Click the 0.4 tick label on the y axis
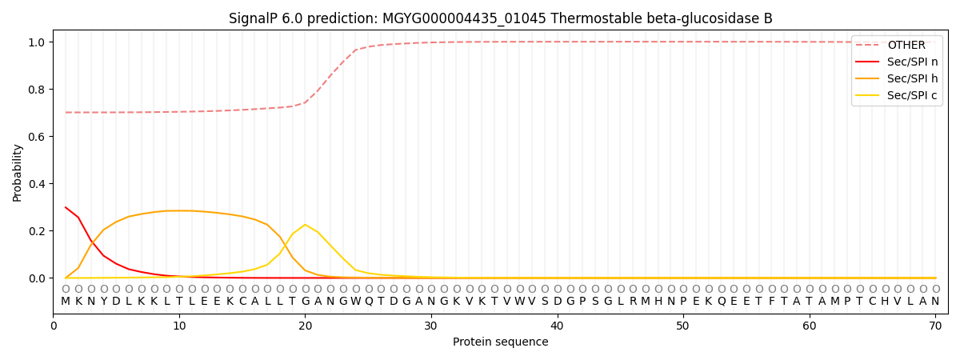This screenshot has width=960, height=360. pyautogui.click(x=38, y=184)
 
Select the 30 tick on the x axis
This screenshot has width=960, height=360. pyautogui.click(x=431, y=325)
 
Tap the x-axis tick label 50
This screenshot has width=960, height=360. pyautogui.click(x=682, y=325)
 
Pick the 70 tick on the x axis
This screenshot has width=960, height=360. pyautogui.click(x=935, y=325)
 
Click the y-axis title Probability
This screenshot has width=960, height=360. pyautogui.click(x=18, y=172)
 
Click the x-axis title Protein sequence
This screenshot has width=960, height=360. pyautogui.click(x=500, y=342)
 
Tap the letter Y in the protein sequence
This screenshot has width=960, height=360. pyautogui.click(x=103, y=302)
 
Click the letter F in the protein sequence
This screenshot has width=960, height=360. pyautogui.click(x=770, y=302)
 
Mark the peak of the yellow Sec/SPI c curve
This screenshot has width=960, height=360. pyautogui.click(x=305, y=225)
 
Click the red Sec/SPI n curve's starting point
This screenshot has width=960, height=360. pyautogui.click(x=66, y=207)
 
